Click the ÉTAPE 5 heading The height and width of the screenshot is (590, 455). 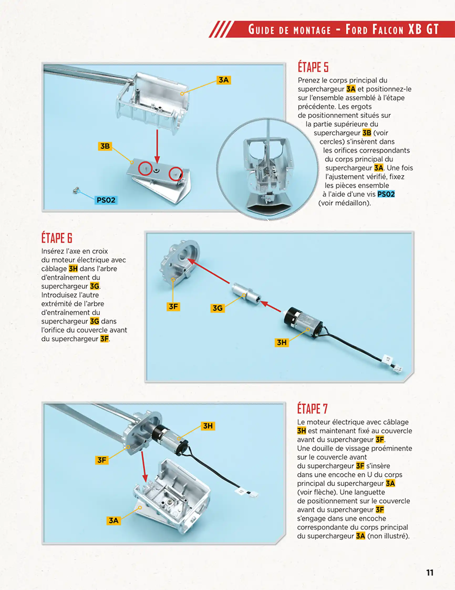pos(313,67)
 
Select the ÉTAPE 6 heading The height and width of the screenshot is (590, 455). pos(57,238)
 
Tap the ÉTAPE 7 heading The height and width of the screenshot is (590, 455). pos(312,409)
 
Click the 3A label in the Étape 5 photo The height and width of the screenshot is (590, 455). pos(224,80)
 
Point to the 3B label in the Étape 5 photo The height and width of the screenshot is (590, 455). pos(105,146)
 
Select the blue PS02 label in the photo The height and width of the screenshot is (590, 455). pos(106,200)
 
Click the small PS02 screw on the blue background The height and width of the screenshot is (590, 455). pos(76,191)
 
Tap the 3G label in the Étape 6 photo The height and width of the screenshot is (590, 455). pos(217,308)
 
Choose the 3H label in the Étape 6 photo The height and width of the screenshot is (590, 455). pos(281,342)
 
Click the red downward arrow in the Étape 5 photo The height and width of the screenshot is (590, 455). pos(157,146)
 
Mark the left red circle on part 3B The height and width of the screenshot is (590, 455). pos(145,169)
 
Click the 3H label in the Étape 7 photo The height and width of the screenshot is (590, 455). pos(208,426)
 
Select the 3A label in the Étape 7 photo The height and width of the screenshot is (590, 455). pos(113,520)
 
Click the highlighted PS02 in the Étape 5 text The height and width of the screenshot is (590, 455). pos(386,194)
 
